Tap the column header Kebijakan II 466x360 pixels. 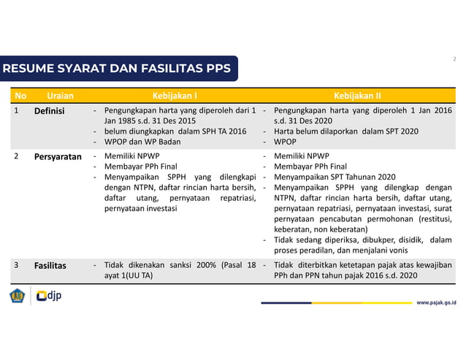357,96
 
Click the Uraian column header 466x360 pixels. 59,96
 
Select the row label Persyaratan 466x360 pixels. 58,157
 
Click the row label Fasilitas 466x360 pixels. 50,266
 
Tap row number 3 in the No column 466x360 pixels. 16,266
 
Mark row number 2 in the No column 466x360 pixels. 16,157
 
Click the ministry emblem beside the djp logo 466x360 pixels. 17,296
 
